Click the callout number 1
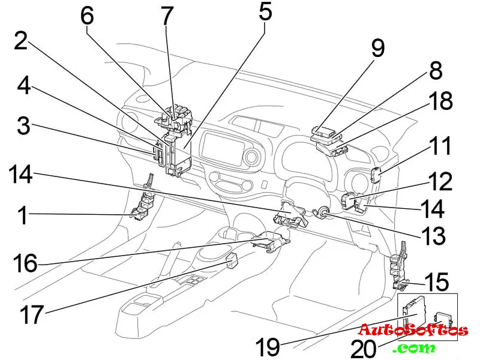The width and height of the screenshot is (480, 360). pyautogui.click(x=23, y=215)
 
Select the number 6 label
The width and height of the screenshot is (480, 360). pyautogui.click(x=87, y=16)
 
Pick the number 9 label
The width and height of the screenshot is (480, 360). pyautogui.click(x=377, y=49)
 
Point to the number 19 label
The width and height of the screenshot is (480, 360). pyautogui.click(x=268, y=347)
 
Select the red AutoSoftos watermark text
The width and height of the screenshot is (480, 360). pyautogui.click(x=413, y=329)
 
